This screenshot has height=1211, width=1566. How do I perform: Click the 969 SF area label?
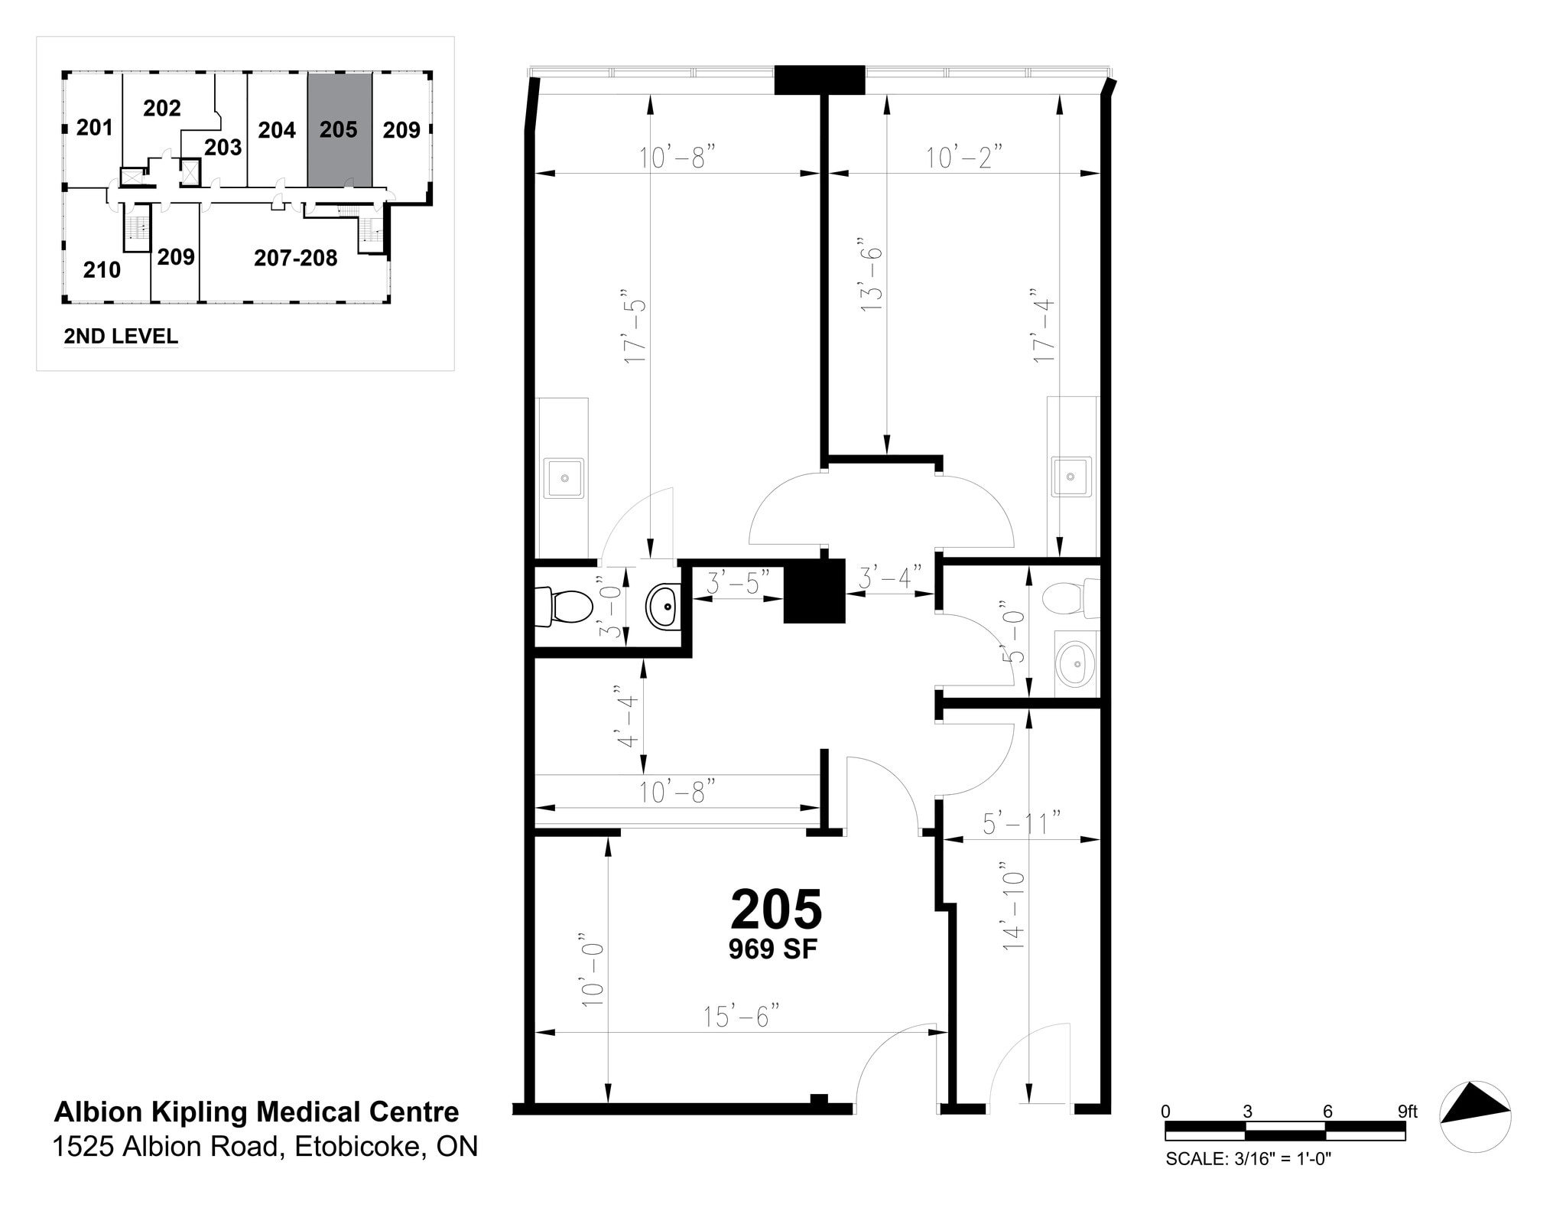point(772,949)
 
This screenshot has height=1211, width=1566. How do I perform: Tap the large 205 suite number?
point(775,909)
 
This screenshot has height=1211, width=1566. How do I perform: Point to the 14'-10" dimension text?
point(1013,907)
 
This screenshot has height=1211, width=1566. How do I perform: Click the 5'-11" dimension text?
point(1022,823)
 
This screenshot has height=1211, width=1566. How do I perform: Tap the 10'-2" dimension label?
point(963,158)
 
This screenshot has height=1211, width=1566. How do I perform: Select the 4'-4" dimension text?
point(627,717)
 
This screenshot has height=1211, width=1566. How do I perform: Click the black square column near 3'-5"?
point(814,591)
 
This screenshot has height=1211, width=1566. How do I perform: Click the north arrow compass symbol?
point(1475,1116)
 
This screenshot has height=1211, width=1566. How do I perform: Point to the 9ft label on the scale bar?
point(1407,1112)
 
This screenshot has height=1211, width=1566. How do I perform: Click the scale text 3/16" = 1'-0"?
point(1248,1159)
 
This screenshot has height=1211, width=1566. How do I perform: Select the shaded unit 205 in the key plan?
point(340,130)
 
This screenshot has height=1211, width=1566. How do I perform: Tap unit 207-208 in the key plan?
point(295,259)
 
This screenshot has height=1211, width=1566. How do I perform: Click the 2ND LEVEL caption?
point(121,336)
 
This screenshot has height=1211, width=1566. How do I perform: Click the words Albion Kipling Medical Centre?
point(256,1112)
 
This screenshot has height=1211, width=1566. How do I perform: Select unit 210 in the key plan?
point(102,269)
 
